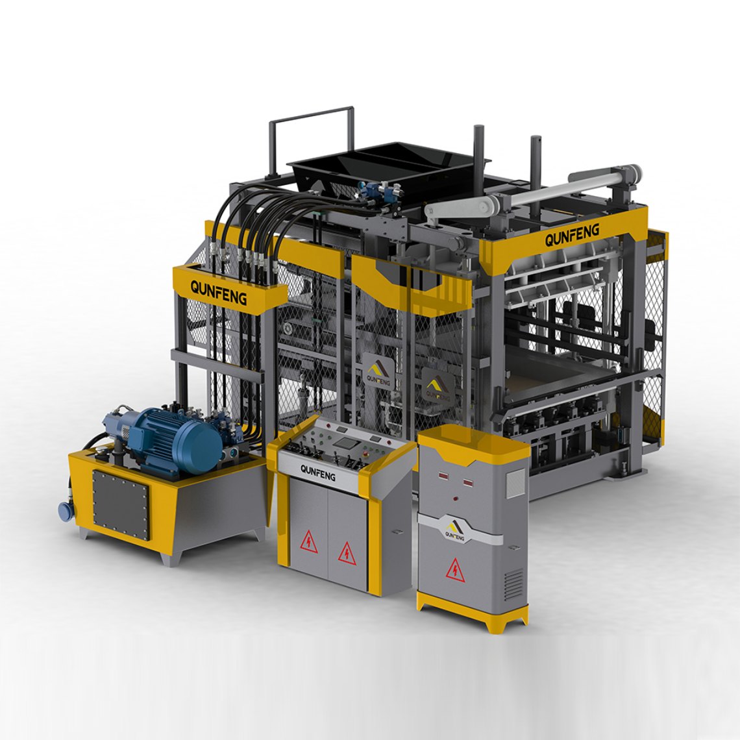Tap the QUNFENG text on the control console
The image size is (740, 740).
(x=318, y=473)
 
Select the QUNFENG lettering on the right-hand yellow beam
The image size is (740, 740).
(x=572, y=234)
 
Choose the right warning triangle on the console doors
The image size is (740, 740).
(x=346, y=553)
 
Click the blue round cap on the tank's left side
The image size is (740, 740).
(x=64, y=511)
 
